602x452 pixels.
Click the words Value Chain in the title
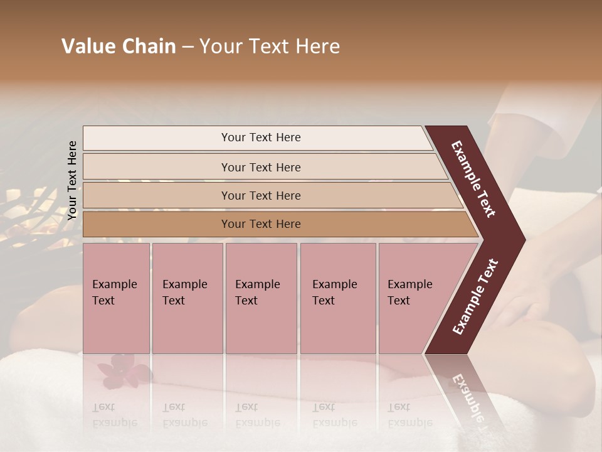click(119, 46)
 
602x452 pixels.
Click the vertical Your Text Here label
click(72, 180)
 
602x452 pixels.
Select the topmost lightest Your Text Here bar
click(261, 137)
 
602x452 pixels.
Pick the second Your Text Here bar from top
click(261, 167)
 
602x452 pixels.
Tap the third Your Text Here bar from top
click(261, 195)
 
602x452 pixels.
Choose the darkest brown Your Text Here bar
click(261, 224)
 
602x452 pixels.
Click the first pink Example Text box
click(116, 298)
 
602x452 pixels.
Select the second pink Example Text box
click(187, 298)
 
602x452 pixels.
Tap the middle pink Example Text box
click(261, 298)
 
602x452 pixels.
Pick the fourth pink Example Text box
click(338, 298)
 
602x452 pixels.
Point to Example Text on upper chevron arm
click(474, 179)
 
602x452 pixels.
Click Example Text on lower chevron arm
click(475, 297)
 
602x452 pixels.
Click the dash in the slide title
click(187, 46)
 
